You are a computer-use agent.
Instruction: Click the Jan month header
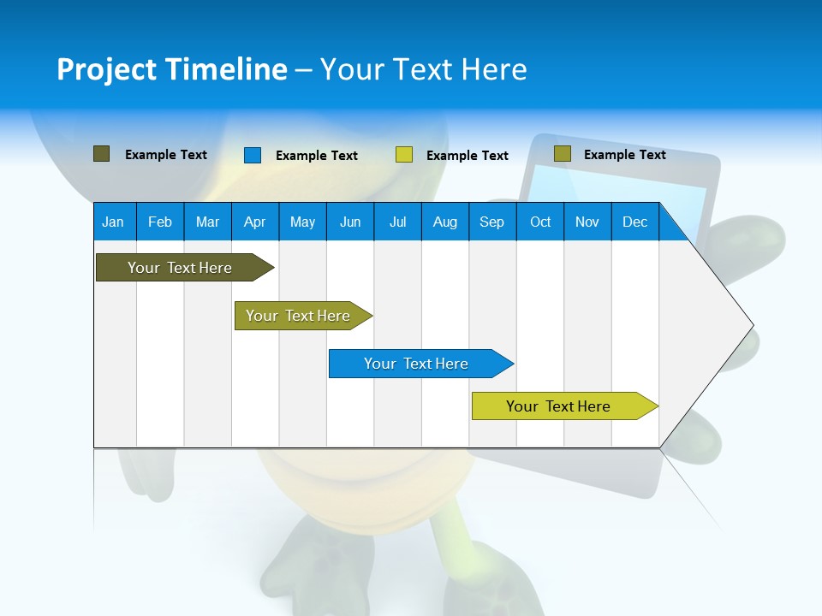click(x=113, y=222)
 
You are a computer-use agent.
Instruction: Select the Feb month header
click(x=160, y=222)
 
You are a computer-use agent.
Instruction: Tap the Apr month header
click(x=254, y=222)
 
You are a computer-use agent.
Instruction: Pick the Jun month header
click(x=350, y=222)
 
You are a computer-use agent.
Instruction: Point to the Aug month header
click(x=444, y=222)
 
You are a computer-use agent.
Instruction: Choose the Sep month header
click(x=491, y=222)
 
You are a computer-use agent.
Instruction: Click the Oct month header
click(x=540, y=222)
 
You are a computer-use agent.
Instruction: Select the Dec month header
click(x=634, y=222)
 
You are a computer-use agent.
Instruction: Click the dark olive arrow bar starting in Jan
click(x=180, y=268)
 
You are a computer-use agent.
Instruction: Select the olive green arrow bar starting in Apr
click(x=298, y=316)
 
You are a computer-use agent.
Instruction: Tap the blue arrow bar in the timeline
click(x=416, y=364)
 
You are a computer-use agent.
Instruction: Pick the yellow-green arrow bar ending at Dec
click(x=558, y=406)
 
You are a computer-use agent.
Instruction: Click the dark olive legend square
click(x=101, y=154)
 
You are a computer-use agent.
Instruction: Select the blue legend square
click(x=253, y=155)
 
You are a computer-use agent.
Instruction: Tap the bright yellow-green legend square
click(x=404, y=155)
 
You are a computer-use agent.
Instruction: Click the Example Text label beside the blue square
click(x=317, y=156)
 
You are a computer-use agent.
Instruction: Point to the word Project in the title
click(x=106, y=69)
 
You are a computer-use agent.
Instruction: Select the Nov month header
click(x=587, y=222)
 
